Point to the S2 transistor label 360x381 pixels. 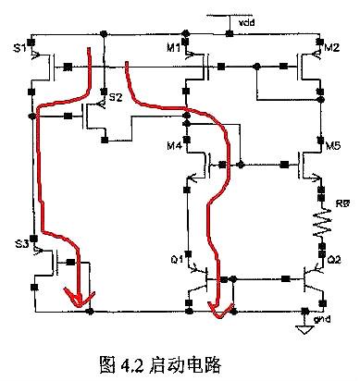click(x=115, y=97)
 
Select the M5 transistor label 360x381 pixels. click(x=332, y=144)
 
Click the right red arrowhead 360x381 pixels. click(x=217, y=309)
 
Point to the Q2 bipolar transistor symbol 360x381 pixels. click(x=313, y=278)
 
